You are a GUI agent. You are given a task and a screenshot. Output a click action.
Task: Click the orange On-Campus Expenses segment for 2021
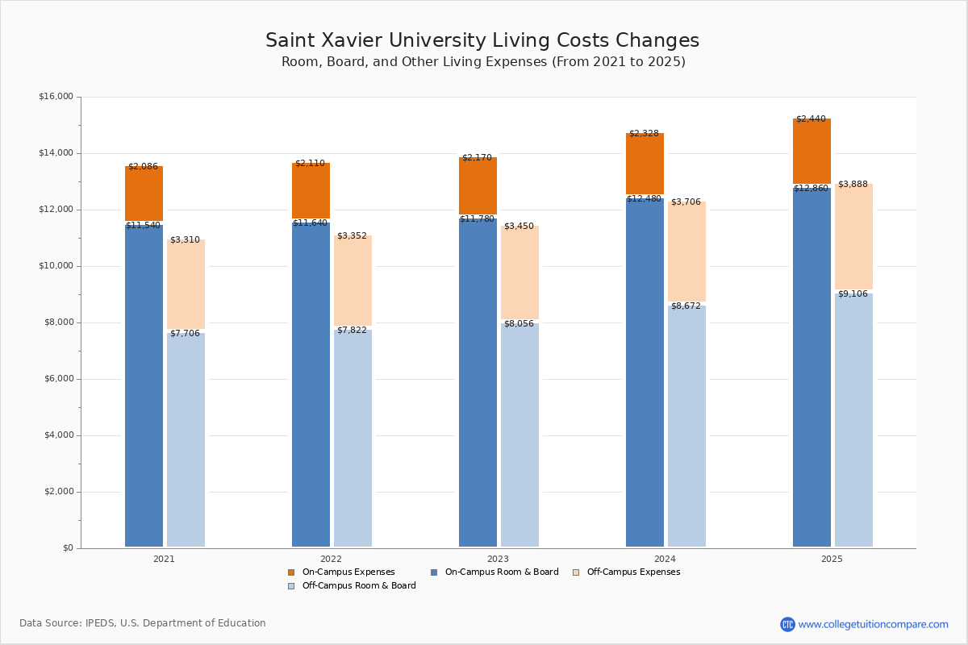point(144,193)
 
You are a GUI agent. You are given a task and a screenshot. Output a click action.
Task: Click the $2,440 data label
point(811,119)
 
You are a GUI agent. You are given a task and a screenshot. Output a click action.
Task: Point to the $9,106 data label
point(853,293)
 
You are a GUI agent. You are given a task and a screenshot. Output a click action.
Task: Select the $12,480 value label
point(644,198)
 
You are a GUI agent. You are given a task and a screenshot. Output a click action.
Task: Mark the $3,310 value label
point(185,239)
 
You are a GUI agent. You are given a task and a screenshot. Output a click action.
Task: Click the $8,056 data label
point(519,323)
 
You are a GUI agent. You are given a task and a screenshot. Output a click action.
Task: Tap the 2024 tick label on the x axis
point(665,559)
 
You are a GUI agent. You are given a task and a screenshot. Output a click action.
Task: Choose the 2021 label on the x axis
point(164,559)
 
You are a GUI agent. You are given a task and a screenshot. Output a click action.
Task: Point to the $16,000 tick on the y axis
point(56,97)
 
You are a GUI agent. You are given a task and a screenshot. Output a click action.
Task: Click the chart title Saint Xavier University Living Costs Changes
point(482,40)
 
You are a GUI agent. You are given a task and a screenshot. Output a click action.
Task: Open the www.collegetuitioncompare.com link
point(873,624)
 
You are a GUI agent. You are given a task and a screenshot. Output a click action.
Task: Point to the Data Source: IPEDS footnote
point(143,623)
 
